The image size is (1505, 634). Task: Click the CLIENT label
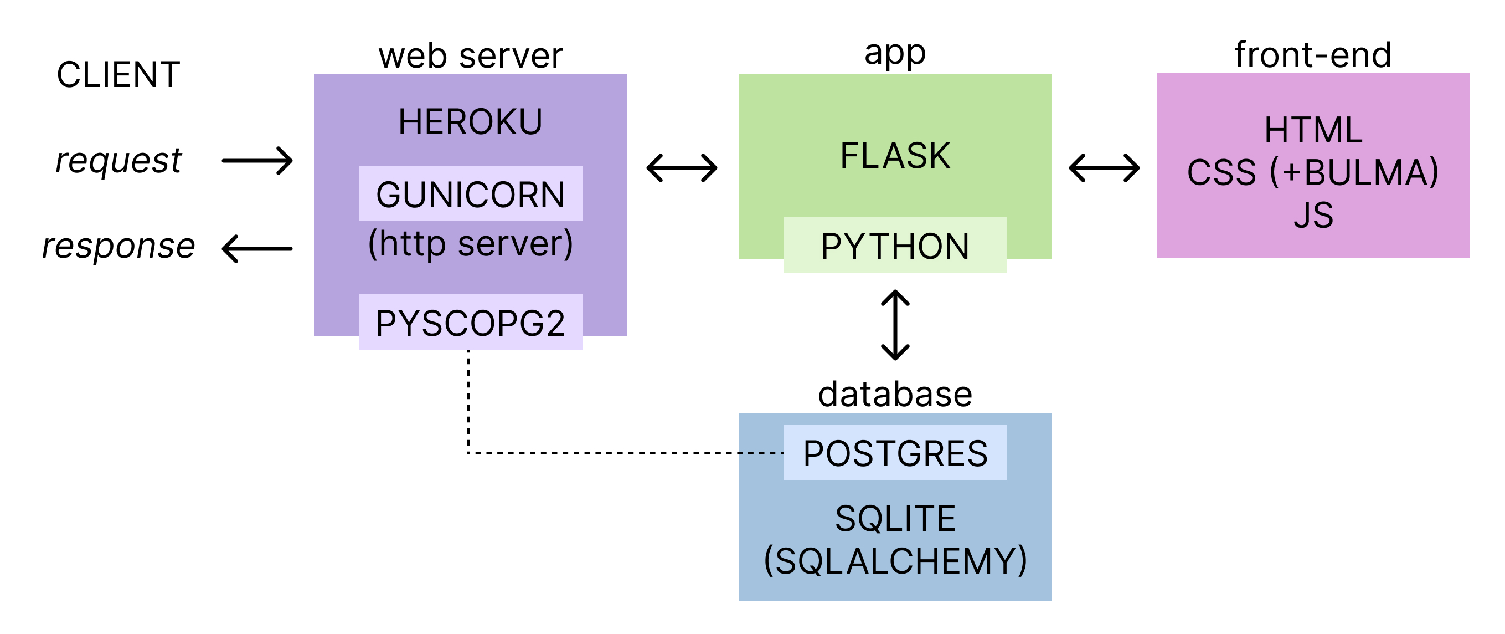pos(118,75)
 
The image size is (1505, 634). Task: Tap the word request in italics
pos(118,160)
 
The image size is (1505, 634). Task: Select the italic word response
pos(118,246)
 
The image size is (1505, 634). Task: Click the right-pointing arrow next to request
pos(257,161)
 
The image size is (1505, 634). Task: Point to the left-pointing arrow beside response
pos(257,249)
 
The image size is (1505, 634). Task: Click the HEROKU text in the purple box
pos(470,122)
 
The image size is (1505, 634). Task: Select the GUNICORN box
pos(470,193)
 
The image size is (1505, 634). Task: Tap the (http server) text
pos(470,244)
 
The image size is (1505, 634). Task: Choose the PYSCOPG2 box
pos(470,322)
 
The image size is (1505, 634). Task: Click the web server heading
pos(470,55)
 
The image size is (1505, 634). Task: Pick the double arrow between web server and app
pos(682,168)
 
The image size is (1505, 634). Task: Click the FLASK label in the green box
pos(895,156)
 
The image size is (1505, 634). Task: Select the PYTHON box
pos(895,246)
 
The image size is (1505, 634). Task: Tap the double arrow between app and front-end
pos(1104,168)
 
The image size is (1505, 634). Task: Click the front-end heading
pos(1313,55)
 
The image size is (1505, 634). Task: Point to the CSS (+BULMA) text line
pos(1313,172)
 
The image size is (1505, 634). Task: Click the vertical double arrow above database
pos(895,325)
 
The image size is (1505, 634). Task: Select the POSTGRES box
pos(895,453)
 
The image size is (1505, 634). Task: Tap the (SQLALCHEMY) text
pos(895,560)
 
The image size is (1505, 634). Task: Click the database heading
pos(895,394)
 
